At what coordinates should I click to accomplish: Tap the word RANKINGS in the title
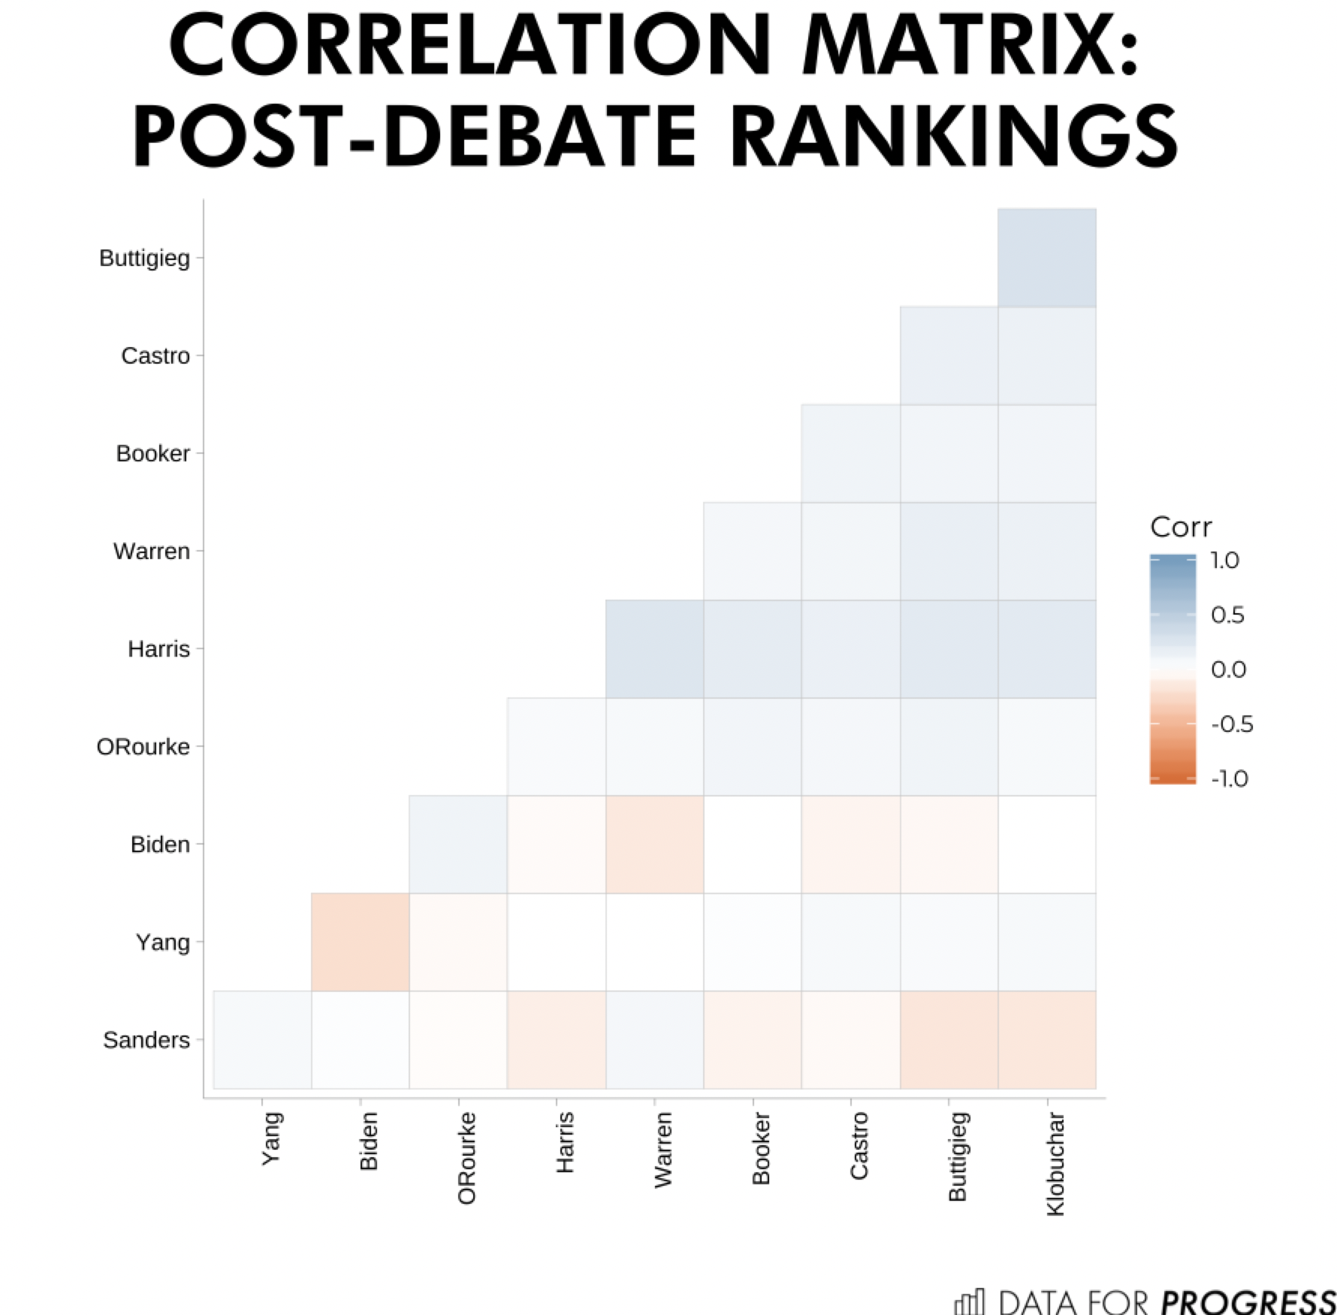[954, 137]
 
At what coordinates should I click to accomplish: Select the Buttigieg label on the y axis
[144, 258]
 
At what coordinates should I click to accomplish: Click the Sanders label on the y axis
[146, 1040]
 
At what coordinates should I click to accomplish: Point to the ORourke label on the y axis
[143, 747]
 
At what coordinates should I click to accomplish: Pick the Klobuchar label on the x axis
[1055, 1163]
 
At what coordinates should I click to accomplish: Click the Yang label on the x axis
[271, 1138]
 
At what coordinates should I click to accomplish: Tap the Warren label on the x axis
[662, 1150]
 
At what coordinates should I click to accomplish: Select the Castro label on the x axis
[859, 1146]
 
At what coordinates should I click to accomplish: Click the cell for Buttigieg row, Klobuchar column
[1047, 258]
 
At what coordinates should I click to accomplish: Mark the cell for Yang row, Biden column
[361, 942]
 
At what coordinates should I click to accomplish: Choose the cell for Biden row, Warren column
[654, 844]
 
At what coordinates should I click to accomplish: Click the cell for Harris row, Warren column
[654, 648]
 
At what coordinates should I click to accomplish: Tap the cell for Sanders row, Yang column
[262, 1040]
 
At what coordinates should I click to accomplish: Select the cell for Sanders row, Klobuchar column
[1047, 1040]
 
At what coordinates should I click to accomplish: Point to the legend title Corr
[1181, 528]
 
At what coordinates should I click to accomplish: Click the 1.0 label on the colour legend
[1225, 561]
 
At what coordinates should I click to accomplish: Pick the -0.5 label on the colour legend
[1232, 724]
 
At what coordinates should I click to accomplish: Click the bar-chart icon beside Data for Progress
[969, 1301]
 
